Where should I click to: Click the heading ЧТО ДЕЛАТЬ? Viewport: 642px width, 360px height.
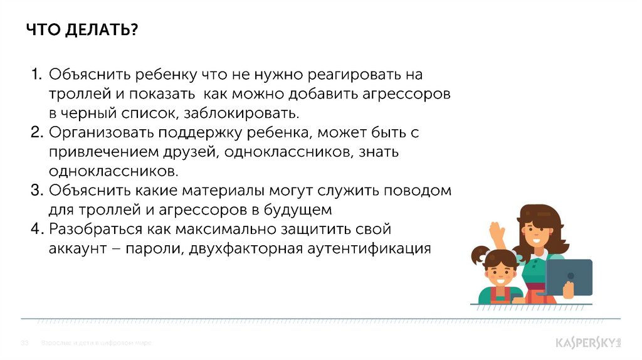coord(82,31)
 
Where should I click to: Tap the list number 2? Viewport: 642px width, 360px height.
coord(36,133)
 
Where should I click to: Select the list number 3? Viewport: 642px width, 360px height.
coord(36,190)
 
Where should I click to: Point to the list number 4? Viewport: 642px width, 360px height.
coord(36,229)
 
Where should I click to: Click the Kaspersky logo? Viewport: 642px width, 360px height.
coord(587,343)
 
